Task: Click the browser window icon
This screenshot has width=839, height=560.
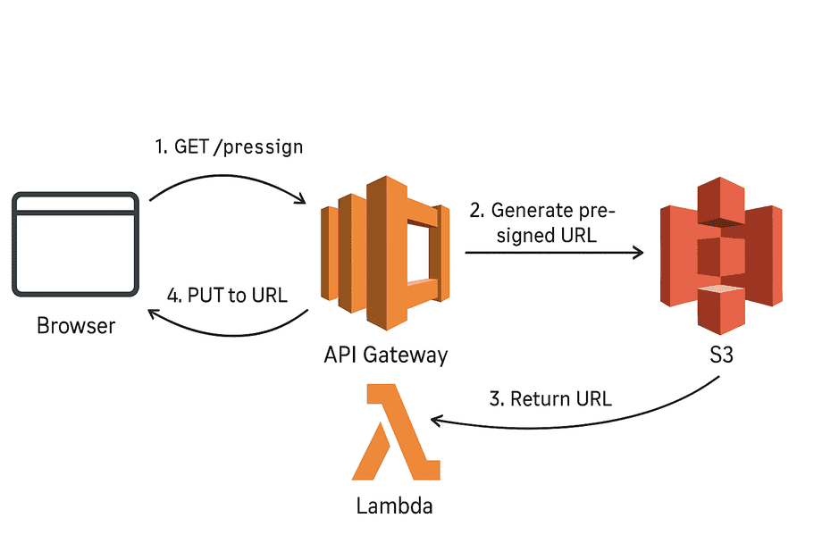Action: pyautogui.click(x=75, y=244)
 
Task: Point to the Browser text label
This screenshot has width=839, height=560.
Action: pyautogui.click(x=76, y=326)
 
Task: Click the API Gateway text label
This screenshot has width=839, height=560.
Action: pyautogui.click(x=385, y=355)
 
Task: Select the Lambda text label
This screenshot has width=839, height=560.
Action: pyautogui.click(x=394, y=506)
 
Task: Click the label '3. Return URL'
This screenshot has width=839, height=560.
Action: pyautogui.click(x=551, y=399)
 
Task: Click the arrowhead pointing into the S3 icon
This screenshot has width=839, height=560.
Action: pyautogui.click(x=638, y=254)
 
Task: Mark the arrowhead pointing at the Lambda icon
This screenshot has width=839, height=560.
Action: pyautogui.click(x=437, y=418)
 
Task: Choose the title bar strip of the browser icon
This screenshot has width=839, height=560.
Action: pyautogui.click(x=75, y=205)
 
